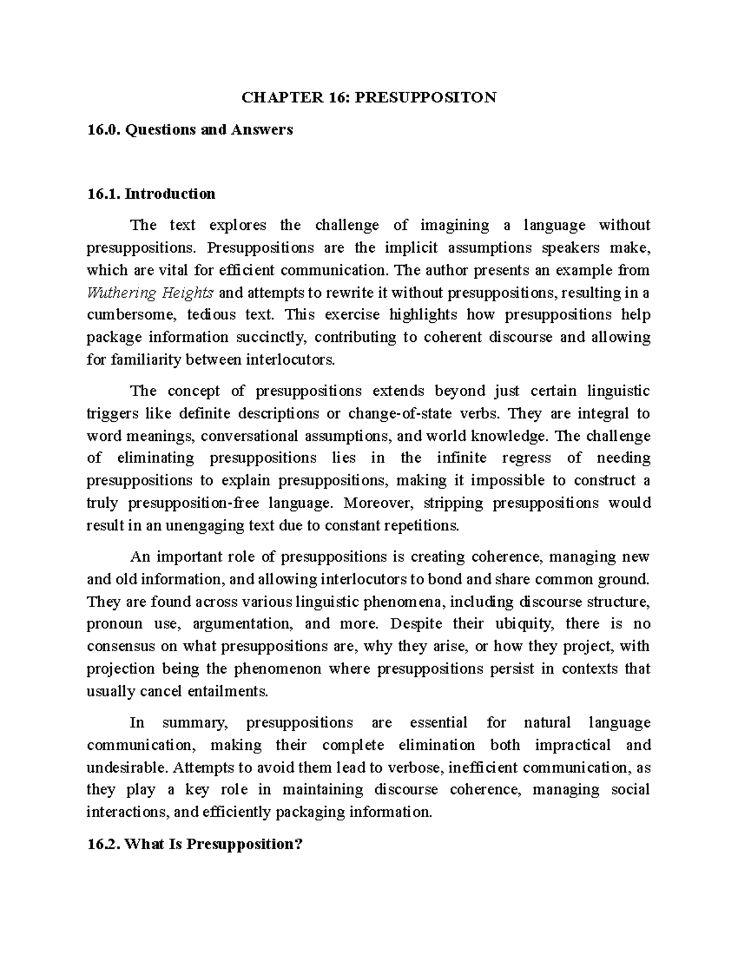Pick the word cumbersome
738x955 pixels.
point(126,315)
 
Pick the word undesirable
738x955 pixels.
point(126,767)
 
